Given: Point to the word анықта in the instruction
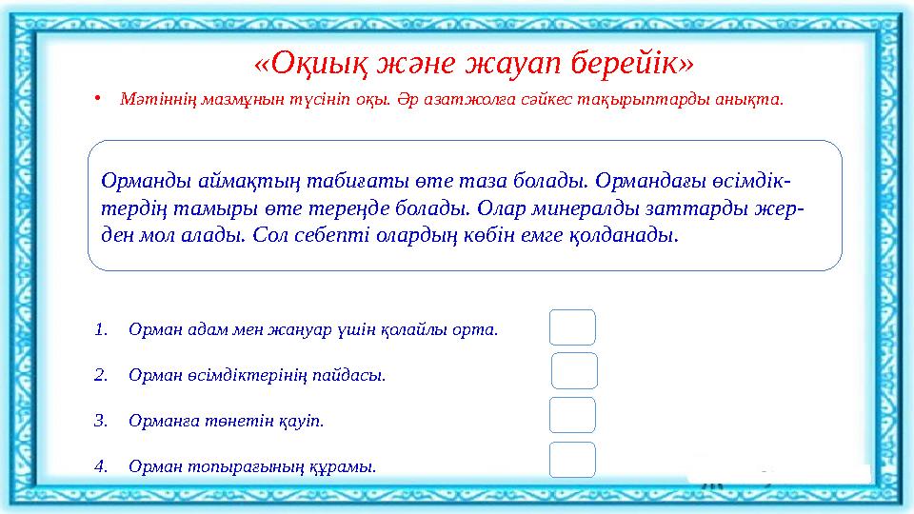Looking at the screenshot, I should click(x=753, y=100).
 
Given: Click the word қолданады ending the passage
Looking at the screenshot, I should click(x=627, y=234).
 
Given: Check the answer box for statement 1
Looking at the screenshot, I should click(x=572, y=327).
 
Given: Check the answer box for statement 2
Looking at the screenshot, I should click(x=574, y=371).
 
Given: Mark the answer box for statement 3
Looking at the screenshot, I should click(x=572, y=416).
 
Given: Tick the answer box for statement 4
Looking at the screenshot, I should click(x=572, y=460).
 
